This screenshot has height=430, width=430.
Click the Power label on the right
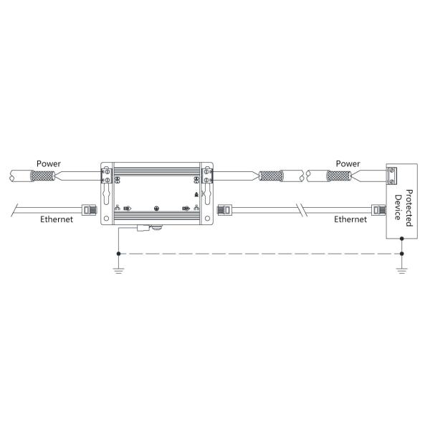[348, 163]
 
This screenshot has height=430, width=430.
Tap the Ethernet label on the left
[57, 219]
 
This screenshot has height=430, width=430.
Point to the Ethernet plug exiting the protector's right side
[224, 210]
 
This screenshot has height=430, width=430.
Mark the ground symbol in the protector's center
[156, 209]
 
